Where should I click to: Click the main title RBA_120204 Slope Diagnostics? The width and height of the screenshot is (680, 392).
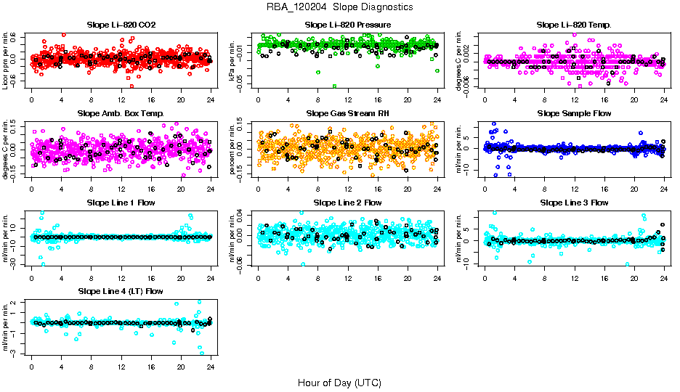point(340,7)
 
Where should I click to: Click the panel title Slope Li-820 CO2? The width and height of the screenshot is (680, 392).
point(121,25)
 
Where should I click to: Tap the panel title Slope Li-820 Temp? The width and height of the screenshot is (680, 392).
point(574,25)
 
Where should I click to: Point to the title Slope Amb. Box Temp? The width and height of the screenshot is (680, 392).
point(121,114)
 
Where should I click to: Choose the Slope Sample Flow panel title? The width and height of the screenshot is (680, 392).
point(574,114)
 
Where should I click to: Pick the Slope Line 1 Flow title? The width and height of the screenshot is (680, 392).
point(121,203)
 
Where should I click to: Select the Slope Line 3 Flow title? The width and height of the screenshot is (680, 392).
point(574,203)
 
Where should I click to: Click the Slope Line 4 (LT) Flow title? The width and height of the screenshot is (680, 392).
point(121,291)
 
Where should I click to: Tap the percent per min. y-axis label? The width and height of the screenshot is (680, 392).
point(233,149)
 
